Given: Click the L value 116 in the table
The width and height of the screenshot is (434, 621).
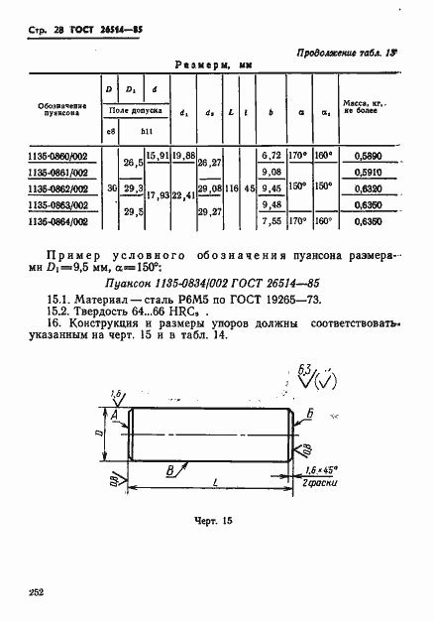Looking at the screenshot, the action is click(x=231, y=187).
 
